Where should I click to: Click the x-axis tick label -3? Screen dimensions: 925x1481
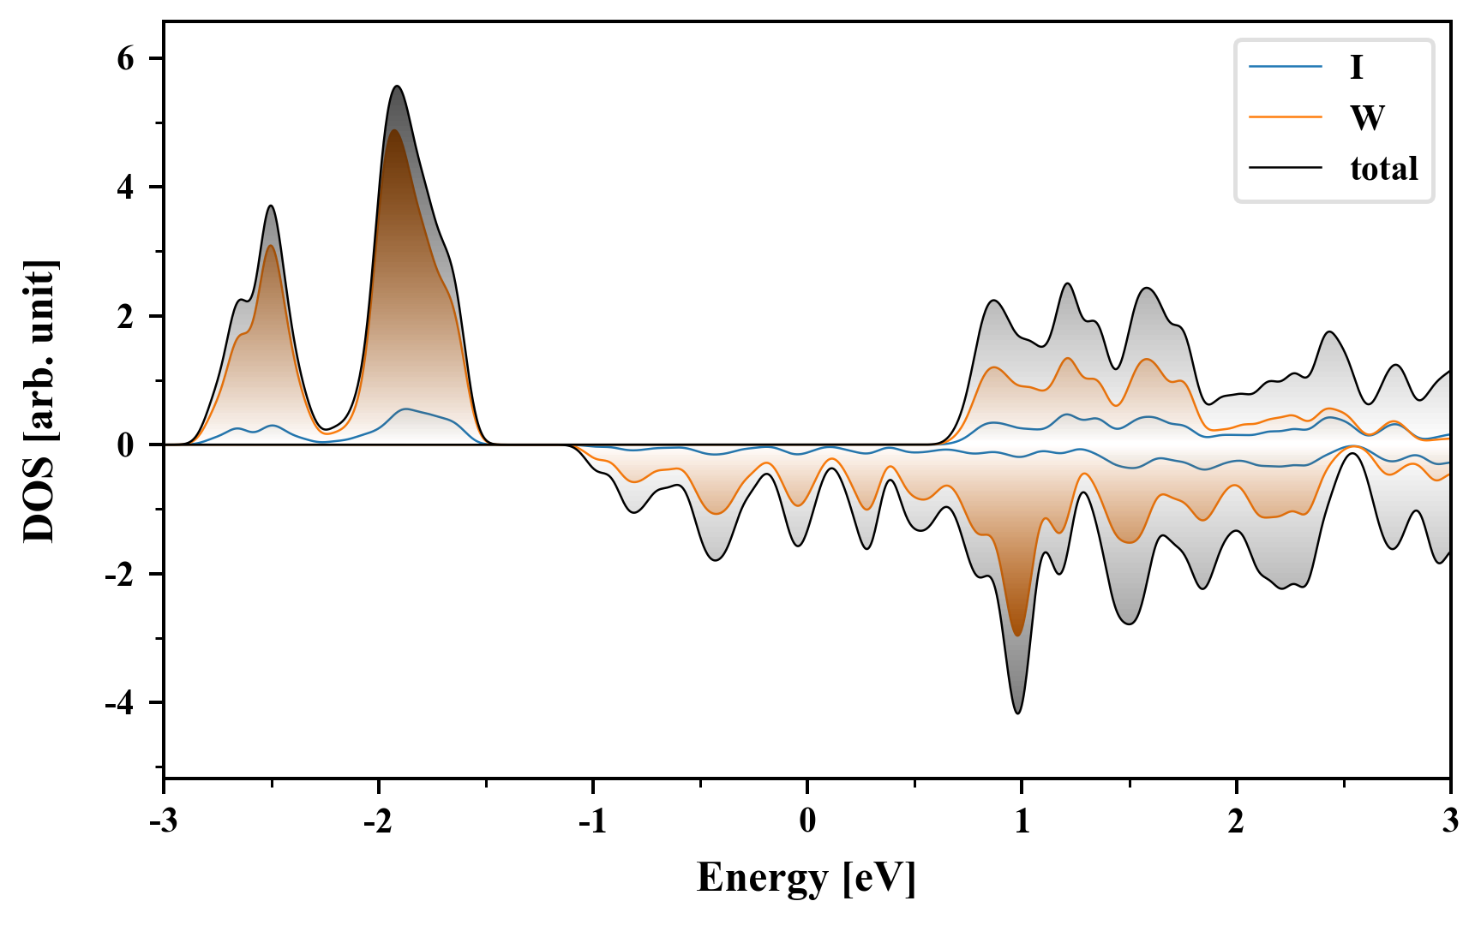(x=164, y=821)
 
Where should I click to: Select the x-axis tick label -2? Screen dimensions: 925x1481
(x=378, y=821)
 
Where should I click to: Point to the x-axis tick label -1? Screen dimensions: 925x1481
(x=592, y=821)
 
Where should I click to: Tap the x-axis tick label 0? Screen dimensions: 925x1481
(x=807, y=821)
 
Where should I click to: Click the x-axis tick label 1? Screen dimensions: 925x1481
(x=1022, y=821)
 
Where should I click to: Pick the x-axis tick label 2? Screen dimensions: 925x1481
(x=1236, y=821)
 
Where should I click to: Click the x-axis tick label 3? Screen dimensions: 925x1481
(x=1450, y=821)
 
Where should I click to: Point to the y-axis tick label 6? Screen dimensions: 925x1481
(x=126, y=58)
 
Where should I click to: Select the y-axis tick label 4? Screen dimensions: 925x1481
(x=126, y=187)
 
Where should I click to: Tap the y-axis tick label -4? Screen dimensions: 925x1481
(x=120, y=703)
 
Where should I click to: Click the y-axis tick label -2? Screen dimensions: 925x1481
(x=120, y=574)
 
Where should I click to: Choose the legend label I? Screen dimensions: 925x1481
(x=1356, y=67)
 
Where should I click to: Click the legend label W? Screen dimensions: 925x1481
(x=1367, y=117)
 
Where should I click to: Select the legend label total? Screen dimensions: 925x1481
(x=1384, y=168)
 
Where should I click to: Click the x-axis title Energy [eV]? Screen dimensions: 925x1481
(x=806, y=878)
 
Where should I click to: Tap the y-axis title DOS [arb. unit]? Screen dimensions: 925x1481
(x=39, y=401)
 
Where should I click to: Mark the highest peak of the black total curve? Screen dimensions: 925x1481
(x=397, y=87)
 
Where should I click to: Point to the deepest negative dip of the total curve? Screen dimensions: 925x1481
(x=1017, y=713)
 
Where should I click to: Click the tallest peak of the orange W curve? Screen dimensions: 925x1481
(x=393, y=130)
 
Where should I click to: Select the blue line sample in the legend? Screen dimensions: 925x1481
(x=1285, y=67)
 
